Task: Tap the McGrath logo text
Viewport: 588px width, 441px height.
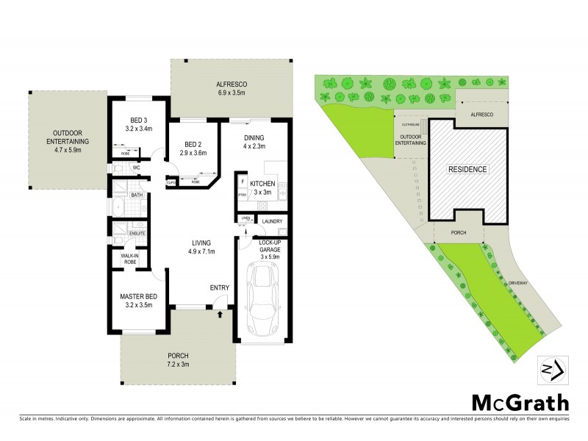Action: [x=520, y=403]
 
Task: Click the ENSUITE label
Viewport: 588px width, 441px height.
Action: [x=137, y=234]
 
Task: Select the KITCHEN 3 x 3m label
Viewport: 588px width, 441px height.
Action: [x=262, y=187]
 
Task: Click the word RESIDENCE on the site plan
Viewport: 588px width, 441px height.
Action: [x=467, y=169]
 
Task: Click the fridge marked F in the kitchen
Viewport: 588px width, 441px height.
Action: [x=242, y=180]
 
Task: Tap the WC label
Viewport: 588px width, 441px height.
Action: [x=135, y=168]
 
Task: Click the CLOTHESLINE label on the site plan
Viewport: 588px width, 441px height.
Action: [x=410, y=125]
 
